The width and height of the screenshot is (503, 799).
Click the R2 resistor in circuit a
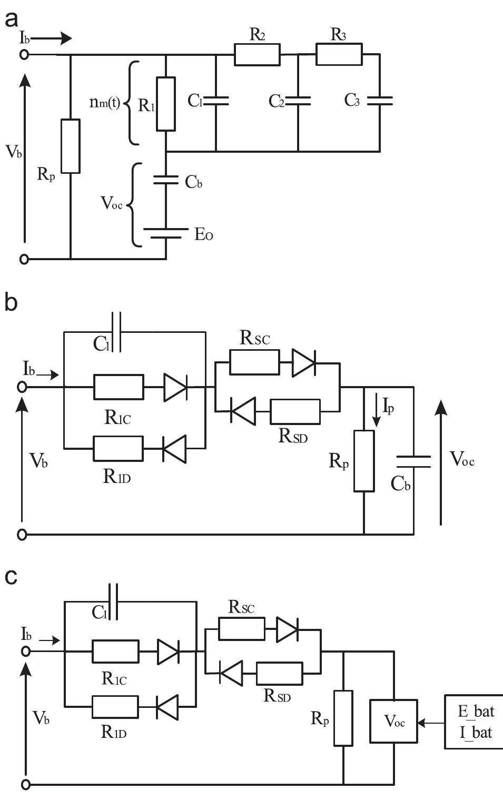(257, 54)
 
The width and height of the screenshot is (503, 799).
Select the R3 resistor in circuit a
(339, 54)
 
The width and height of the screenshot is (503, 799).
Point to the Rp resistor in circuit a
(71, 146)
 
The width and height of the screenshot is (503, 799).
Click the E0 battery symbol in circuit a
(166, 233)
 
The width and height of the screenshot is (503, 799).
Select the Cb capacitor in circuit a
(166, 180)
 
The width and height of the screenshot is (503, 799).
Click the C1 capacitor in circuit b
(116, 332)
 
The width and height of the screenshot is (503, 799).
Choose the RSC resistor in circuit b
(255, 362)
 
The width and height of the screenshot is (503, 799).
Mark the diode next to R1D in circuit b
(174, 449)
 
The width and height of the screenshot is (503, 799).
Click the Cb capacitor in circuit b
(413, 461)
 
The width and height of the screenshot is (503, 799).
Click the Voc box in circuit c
(394, 722)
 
